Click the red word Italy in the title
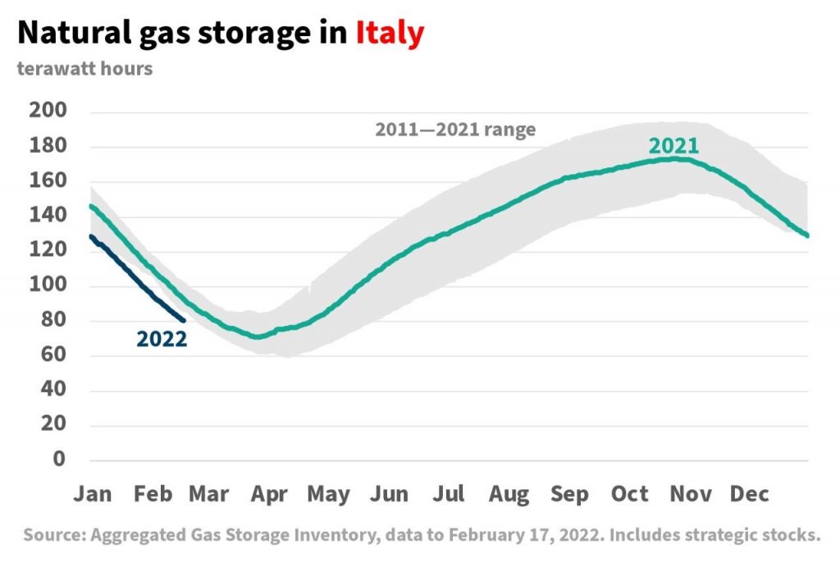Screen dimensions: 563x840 point(390,33)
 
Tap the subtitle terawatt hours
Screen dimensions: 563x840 point(84,69)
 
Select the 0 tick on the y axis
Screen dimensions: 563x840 point(59,459)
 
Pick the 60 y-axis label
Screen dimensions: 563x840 point(53,355)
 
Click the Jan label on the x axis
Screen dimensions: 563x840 point(93,494)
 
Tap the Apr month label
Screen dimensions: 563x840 point(269,494)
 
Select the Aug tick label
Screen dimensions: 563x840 point(509,494)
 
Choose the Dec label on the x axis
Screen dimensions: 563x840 point(749,494)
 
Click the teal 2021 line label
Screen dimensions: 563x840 point(673,146)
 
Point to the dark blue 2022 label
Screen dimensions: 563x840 point(162,339)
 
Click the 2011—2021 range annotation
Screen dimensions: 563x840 point(455,129)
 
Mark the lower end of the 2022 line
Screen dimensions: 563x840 point(183,321)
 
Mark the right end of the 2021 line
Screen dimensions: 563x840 point(808,236)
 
